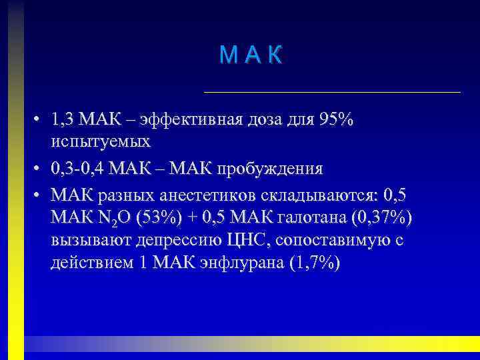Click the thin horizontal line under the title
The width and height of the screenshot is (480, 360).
(331, 91)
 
